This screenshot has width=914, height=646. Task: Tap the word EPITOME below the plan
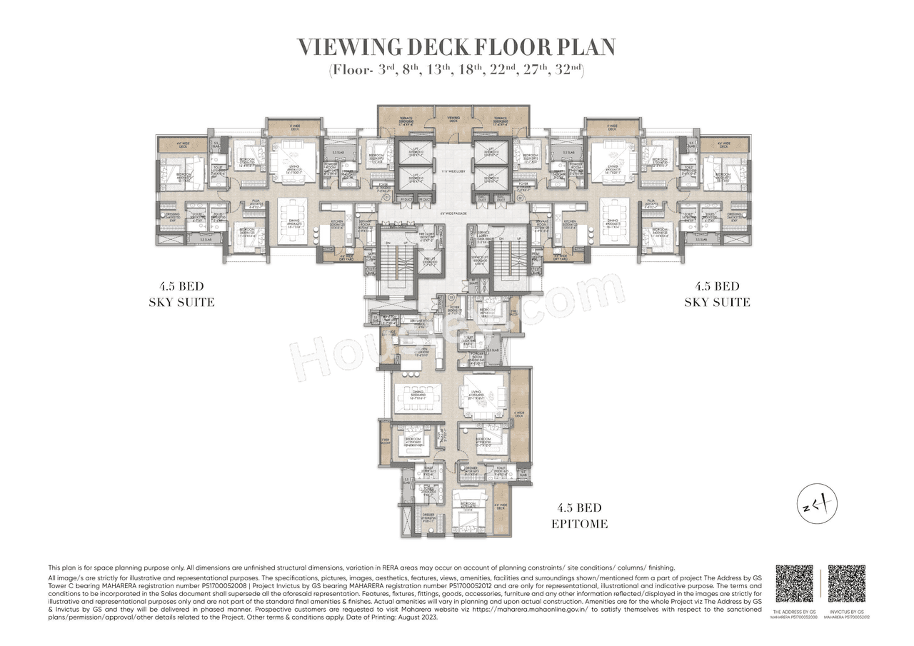coord(579,523)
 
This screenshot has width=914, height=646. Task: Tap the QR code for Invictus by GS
coord(846,584)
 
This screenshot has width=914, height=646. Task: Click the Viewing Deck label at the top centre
coord(453,118)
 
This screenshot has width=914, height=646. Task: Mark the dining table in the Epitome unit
coord(416,395)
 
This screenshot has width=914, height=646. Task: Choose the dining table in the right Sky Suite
coord(619,221)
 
